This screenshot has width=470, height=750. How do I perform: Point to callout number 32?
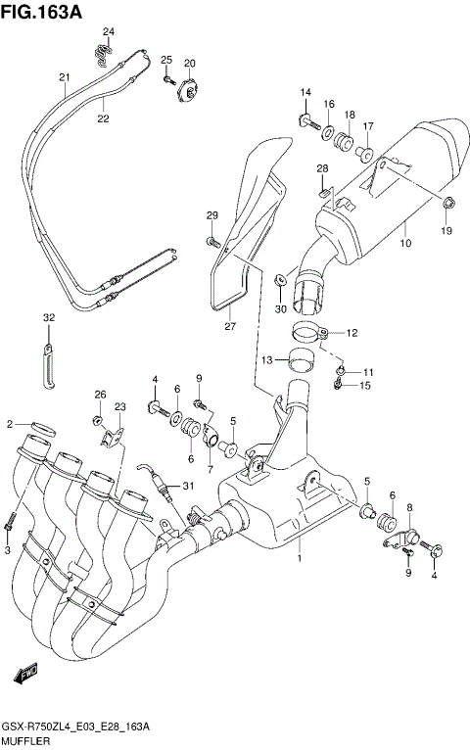coord(48,318)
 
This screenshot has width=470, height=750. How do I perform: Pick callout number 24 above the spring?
coord(109,32)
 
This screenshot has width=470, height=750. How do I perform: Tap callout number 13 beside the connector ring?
coord(265,361)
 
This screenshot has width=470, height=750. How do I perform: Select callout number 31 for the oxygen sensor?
coord(189,487)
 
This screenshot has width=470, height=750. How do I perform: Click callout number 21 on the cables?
coord(65,78)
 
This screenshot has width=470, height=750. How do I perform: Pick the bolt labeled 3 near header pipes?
coord(10,523)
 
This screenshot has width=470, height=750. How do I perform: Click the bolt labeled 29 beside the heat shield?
coord(211,239)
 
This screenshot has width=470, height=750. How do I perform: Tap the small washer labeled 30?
coord(282,281)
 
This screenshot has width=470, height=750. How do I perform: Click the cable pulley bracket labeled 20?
coord(186,91)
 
